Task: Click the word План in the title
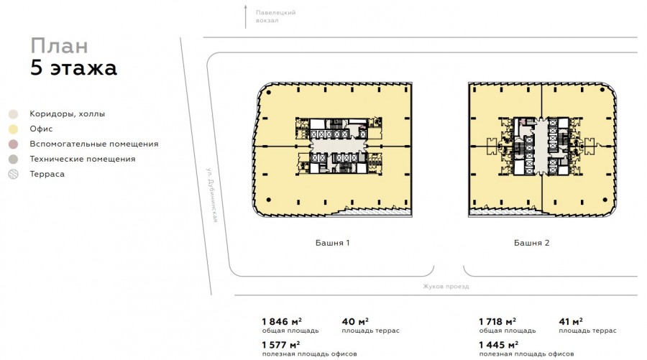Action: click(60, 46)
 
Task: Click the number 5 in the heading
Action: click(37, 68)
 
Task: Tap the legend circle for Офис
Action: click(14, 129)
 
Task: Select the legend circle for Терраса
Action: click(14, 174)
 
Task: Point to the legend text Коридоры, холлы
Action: click(68, 114)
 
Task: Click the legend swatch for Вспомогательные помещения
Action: click(14, 144)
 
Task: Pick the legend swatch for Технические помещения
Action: click(14, 160)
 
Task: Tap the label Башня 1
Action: click(333, 243)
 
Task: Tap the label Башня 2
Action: click(531, 243)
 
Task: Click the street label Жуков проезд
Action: click(446, 286)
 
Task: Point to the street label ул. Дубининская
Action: click(212, 195)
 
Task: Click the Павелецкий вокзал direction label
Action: click(275, 17)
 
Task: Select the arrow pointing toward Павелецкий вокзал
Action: click(246, 17)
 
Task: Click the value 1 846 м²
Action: click(282, 321)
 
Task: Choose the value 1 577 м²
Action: click(281, 344)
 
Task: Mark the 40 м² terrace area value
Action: click(355, 321)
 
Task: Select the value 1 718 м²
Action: click(497, 321)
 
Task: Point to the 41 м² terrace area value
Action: click(571, 321)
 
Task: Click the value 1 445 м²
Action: click(498, 344)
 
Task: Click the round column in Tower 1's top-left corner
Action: click(269, 92)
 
